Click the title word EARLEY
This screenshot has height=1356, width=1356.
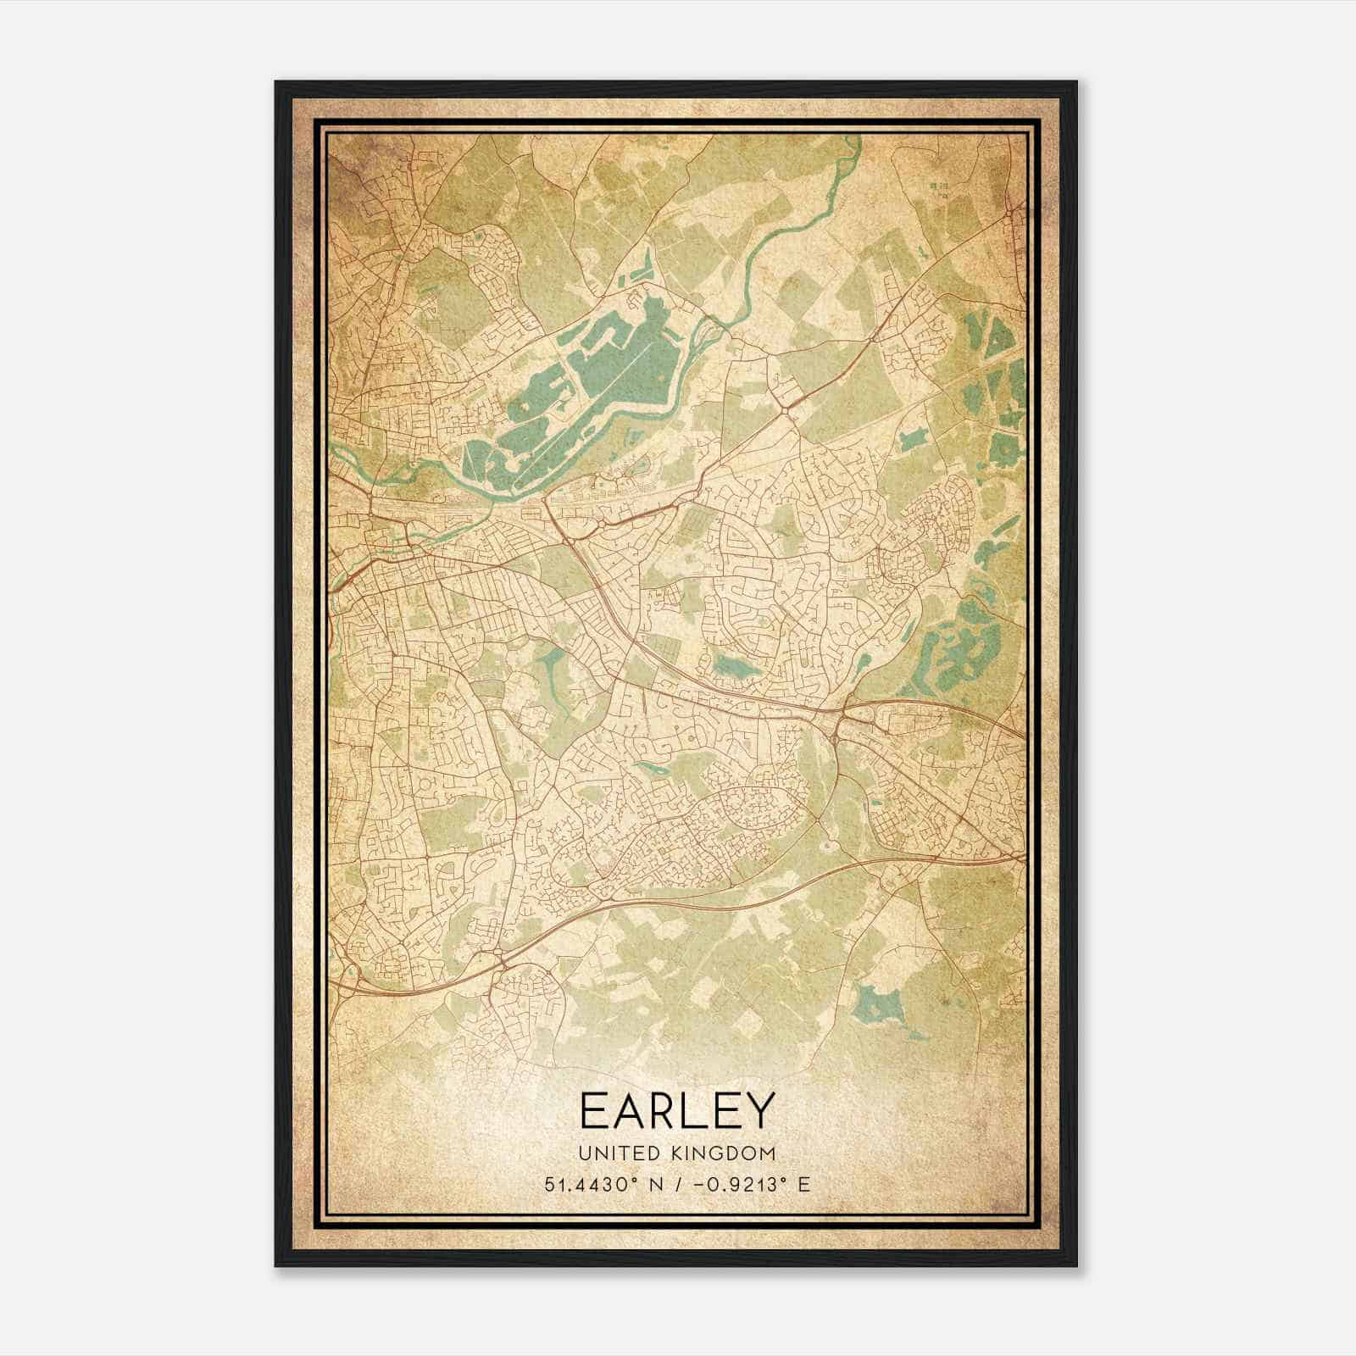[x=677, y=1111]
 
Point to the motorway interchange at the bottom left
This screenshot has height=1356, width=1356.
[x=500, y=963]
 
